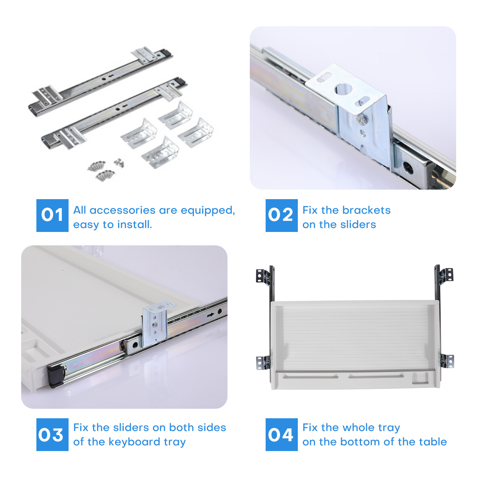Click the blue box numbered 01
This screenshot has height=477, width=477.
click(52, 215)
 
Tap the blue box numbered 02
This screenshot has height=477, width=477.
click(281, 215)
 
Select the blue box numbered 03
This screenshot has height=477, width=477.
click(52, 434)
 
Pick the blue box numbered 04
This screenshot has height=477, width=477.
click(281, 434)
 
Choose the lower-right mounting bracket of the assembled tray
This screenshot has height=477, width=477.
click(447, 361)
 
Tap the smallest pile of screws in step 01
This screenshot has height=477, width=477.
click(119, 162)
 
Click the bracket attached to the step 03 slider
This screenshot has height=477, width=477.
click(155, 324)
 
